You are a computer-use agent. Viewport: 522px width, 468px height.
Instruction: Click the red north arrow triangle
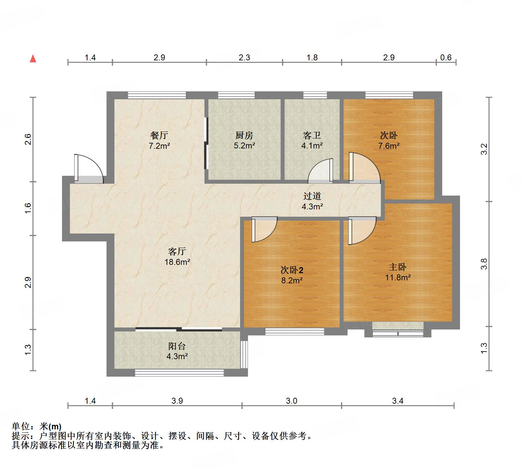(x=33, y=59)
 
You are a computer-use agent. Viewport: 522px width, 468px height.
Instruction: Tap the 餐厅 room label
(x=159, y=135)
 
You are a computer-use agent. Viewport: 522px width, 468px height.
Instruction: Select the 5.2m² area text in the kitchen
(x=244, y=145)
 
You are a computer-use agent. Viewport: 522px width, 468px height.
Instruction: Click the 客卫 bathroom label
(x=312, y=135)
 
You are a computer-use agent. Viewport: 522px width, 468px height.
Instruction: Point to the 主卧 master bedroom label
(x=398, y=267)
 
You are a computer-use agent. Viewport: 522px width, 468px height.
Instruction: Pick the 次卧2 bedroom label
(x=292, y=270)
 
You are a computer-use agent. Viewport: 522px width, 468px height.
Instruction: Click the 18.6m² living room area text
(x=177, y=262)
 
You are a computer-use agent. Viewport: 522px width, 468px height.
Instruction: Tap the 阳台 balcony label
(x=177, y=346)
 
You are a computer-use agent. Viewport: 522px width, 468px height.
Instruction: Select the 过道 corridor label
(x=312, y=196)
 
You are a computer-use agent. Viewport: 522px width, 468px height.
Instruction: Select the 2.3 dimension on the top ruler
(x=244, y=57)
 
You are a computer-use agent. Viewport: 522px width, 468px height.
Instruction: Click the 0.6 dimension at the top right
(x=446, y=57)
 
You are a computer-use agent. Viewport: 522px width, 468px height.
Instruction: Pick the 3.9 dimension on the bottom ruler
(x=177, y=401)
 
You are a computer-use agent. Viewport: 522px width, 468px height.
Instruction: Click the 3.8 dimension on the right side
(x=484, y=264)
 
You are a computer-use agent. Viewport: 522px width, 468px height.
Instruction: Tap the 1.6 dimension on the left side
(x=28, y=208)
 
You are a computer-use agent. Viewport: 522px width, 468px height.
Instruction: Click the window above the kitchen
(x=236, y=95)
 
